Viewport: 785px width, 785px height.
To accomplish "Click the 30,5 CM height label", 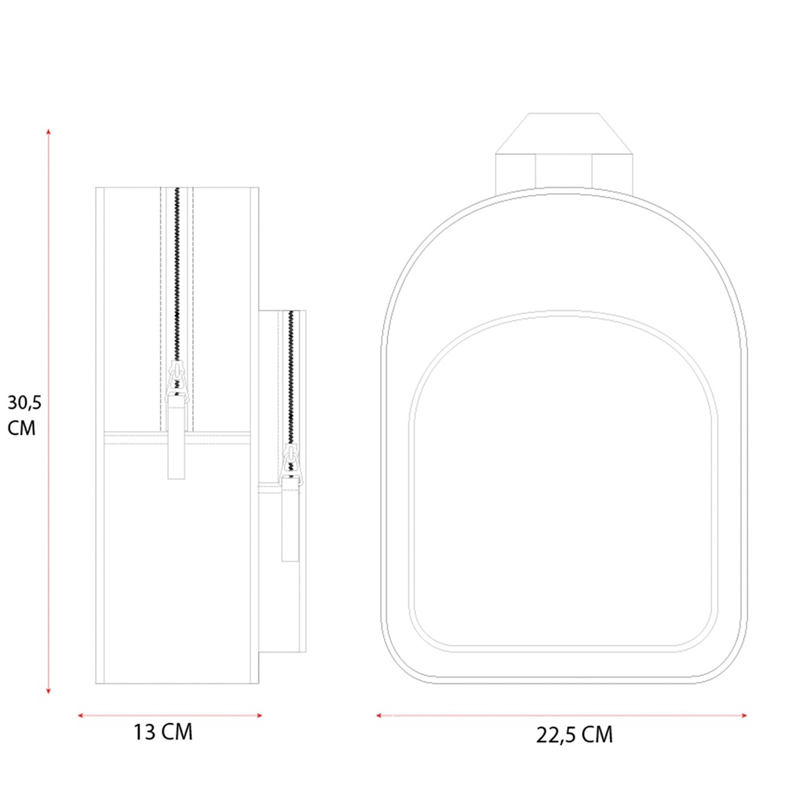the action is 24,415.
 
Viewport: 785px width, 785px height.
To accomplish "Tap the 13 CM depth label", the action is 162,732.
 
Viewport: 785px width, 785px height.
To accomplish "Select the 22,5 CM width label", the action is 575,735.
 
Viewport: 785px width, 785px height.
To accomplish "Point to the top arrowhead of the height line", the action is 49,132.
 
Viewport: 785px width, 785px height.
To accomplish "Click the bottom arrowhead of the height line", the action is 49,691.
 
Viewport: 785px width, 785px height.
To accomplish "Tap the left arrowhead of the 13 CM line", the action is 81,715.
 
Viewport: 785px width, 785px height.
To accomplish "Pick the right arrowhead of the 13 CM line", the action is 259,715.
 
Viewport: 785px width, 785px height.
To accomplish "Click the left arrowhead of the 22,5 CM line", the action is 379,715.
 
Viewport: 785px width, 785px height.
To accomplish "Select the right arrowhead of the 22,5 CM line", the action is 744,715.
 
